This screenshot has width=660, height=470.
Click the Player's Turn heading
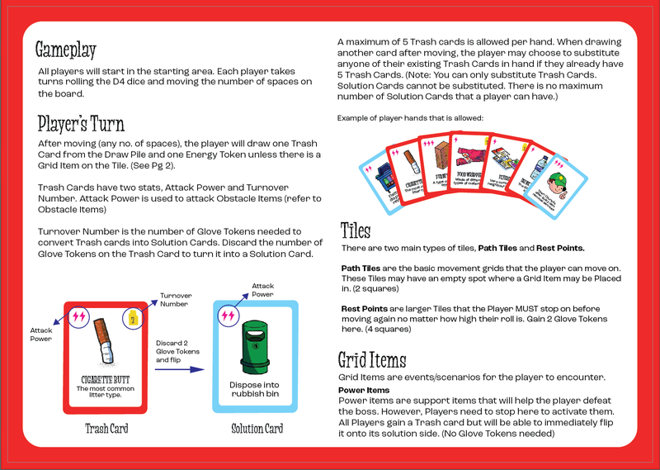[81, 124]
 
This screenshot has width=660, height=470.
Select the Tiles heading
[356, 230]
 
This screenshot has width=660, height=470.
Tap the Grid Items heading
[372, 359]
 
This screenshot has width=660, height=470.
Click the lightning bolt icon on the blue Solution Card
[228, 316]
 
